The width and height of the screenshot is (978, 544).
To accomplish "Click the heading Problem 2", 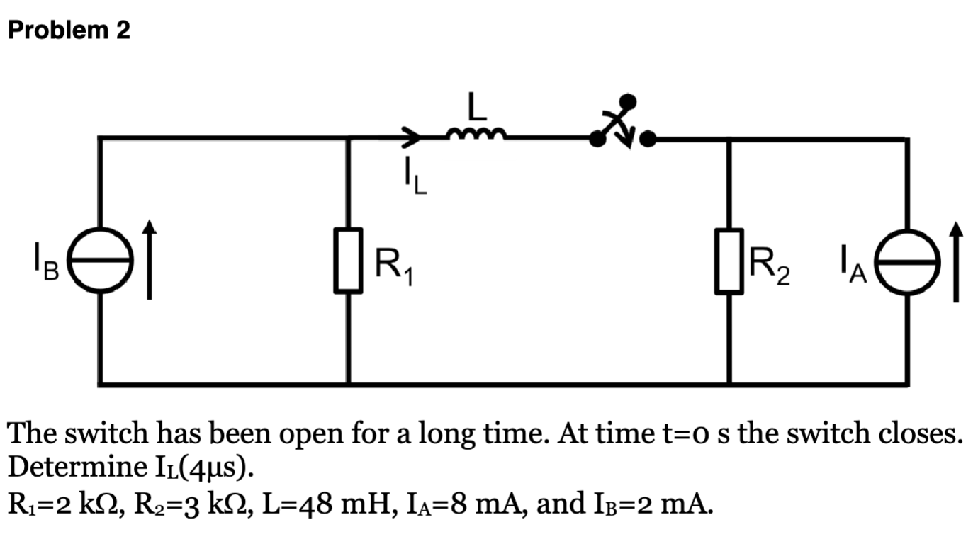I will tap(69, 30).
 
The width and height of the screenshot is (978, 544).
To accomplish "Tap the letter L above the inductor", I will tap(476, 107).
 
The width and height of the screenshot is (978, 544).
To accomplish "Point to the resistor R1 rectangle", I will tap(349, 260).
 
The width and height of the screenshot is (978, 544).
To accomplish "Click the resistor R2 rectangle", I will tap(729, 260).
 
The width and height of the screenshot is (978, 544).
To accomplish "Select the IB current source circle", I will tap(100, 261).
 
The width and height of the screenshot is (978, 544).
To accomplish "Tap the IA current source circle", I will tap(906, 261).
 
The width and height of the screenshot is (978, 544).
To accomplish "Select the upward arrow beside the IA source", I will tap(956, 261).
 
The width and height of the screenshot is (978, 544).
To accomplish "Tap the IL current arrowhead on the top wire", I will tap(412, 136).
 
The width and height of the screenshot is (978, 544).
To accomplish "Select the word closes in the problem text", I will tap(921, 433).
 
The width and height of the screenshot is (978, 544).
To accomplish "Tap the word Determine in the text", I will tap(69, 468).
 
